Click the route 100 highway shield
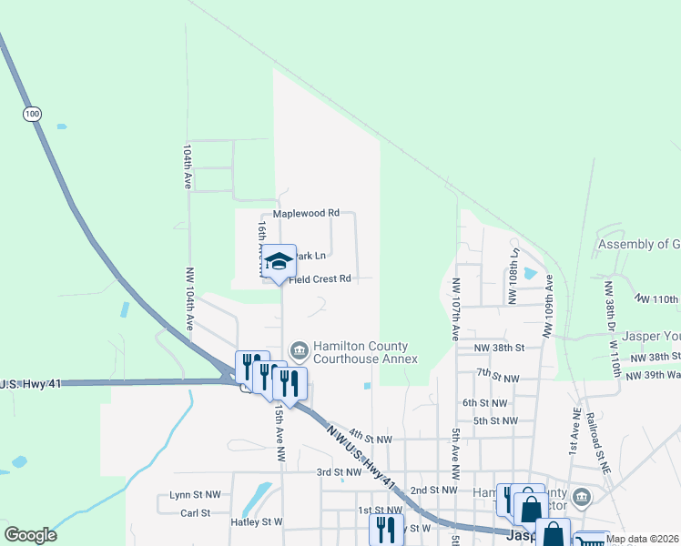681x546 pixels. click(33, 114)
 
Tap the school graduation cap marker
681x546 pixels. click(280, 262)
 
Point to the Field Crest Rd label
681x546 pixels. click(320, 279)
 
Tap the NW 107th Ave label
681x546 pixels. click(455, 308)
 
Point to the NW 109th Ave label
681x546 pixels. click(549, 307)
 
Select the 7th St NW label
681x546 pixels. click(497, 377)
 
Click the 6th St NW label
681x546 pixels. click(483, 402)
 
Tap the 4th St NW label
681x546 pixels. click(370, 439)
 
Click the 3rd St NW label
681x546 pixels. click(339, 472)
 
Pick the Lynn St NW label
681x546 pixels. click(195, 495)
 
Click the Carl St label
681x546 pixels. click(195, 512)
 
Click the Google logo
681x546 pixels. click(30, 535)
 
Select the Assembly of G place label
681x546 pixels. click(638, 245)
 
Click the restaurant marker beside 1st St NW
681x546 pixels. click(390, 528)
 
